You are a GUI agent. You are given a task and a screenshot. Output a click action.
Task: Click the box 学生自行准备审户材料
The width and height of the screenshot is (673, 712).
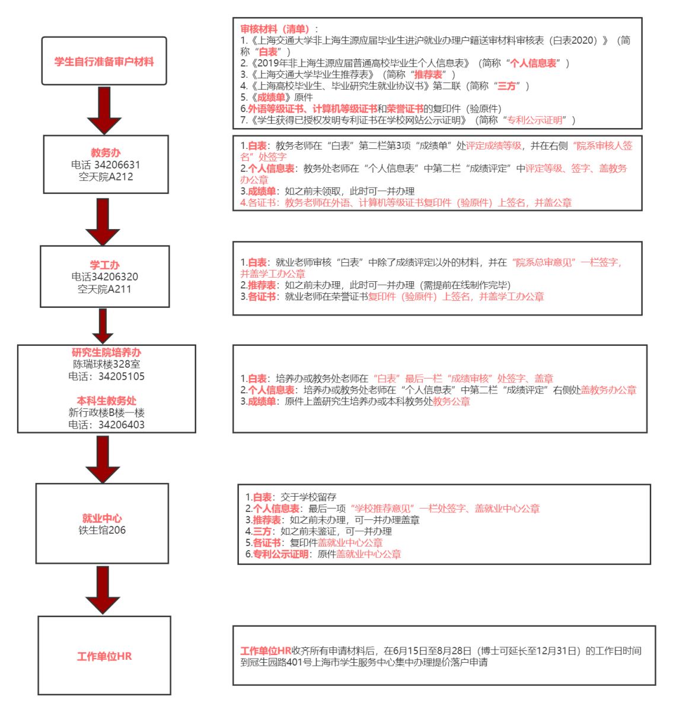pyautogui.click(x=104, y=62)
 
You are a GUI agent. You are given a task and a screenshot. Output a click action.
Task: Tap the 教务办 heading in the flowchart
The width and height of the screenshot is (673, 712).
pyautogui.click(x=106, y=153)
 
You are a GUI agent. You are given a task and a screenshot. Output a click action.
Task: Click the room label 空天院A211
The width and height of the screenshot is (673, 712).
pyautogui.click(x=104, y=290)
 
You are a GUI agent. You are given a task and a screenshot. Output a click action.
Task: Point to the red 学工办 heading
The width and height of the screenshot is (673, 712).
pyautogui.click(x=104, y=265)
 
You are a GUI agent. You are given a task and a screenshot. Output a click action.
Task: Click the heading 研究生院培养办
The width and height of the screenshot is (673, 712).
pyautogui.click(x=107, y=352)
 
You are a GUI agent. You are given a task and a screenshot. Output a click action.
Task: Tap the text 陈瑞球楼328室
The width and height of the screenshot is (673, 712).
pyautogui.click(x=107, y=364)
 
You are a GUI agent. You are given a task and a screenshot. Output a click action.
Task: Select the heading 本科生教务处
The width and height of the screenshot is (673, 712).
pyautogui.click(x=107, y=401)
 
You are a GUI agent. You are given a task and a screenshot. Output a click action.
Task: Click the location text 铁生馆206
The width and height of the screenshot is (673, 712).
pyautogui.click(x=102, y=530)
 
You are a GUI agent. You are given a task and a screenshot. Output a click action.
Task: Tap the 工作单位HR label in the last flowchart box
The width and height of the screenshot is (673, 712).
pyautogui.click(x=104, y=657)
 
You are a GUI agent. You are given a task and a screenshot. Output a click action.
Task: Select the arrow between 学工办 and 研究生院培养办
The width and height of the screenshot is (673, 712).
pyautogui.click(x=103, y=326)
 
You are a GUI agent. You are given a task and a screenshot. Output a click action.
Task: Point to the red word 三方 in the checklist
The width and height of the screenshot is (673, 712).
pyautogui.click(x=506, y=86)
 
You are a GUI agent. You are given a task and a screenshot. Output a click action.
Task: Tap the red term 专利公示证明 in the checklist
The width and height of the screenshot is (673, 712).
pyautogui.click(x=533, y=120)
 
